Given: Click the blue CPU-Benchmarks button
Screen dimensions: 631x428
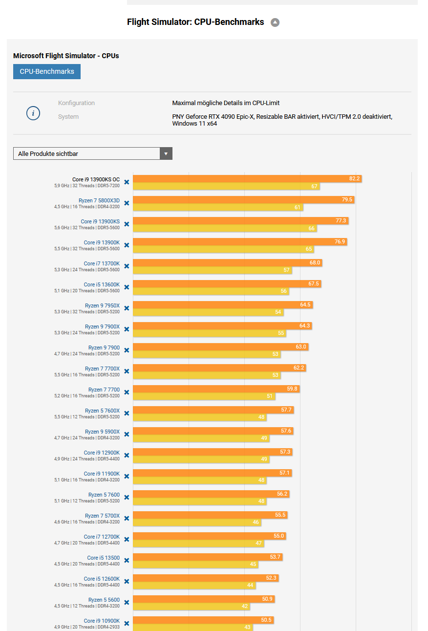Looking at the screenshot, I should point(47,71).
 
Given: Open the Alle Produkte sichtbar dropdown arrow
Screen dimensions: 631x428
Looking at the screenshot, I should point(166,153).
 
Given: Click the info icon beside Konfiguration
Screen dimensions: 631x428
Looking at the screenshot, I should point(33,113).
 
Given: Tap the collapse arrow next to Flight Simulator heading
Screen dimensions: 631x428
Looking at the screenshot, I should point(275,22).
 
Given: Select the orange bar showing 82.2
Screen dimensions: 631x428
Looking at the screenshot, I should point(247,179).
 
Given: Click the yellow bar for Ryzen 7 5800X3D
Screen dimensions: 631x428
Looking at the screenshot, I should point(217,207).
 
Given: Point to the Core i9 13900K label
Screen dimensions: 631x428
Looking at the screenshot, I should point(102,242).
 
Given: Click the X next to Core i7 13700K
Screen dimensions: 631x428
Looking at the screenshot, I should point(127,266).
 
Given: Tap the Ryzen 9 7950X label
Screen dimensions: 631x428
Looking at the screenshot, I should point(102,305).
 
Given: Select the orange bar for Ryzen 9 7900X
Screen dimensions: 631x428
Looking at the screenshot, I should point(222,326).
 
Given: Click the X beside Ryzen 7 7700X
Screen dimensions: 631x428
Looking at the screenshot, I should point(127,371).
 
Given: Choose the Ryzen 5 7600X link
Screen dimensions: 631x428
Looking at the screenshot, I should point(102,411).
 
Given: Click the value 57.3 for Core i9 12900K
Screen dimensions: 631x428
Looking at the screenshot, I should point(285,452).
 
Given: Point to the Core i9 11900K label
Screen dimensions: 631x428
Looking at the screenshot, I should point(102,474).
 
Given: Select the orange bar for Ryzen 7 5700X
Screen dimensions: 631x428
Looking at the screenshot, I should point(209,515).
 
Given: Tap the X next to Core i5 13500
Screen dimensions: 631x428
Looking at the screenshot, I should point(127,560).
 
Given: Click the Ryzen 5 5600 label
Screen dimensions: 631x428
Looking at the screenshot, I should point(104,600).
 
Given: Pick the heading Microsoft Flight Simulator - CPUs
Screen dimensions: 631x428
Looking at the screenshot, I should point(66,56).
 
